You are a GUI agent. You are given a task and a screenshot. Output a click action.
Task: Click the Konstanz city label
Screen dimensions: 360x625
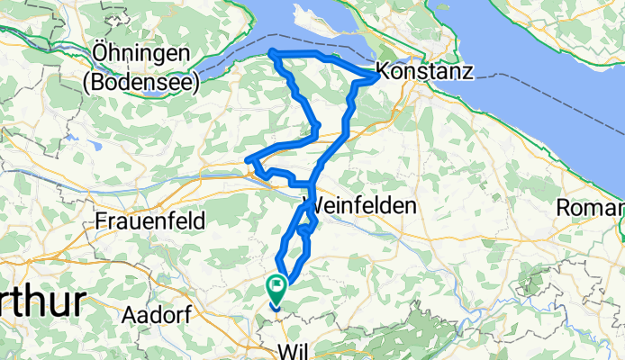point(424,72)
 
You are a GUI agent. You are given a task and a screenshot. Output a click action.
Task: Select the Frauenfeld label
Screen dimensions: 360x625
point(152,220)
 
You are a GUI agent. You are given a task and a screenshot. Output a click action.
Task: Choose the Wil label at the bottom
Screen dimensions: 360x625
point(297,350)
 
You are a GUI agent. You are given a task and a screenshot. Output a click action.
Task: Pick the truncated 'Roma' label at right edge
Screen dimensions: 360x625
point(590,208)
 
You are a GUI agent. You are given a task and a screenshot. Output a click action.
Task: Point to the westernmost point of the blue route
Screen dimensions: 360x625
point(248,162)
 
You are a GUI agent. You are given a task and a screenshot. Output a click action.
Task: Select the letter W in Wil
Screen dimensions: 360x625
point(287,350)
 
